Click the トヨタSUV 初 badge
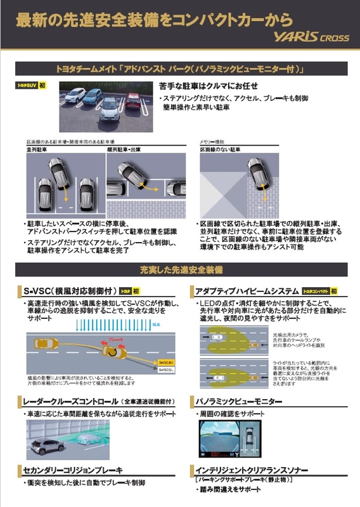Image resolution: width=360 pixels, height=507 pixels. (x=31, y=85)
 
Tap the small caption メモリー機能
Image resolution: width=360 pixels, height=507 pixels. (x=211, y=141)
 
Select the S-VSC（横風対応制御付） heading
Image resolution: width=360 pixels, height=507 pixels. (x=68, y=291)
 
